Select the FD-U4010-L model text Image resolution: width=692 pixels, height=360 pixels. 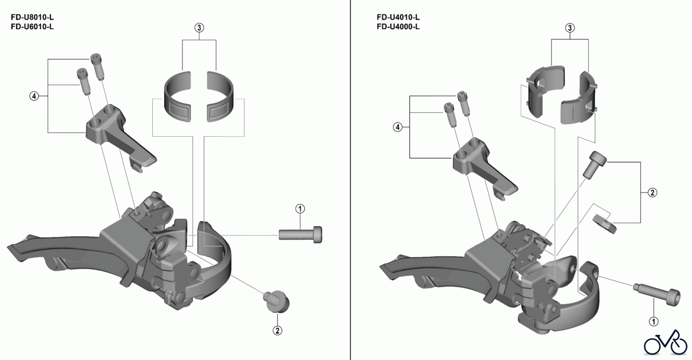coord(398,17)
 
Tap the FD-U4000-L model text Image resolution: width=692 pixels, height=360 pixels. coord(398,27)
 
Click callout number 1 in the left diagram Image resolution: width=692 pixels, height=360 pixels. coord(300,209)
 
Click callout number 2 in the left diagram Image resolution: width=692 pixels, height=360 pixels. coord(278,330)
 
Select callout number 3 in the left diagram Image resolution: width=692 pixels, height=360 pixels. coord(199,28)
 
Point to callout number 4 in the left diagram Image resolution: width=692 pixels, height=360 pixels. coord(34,96)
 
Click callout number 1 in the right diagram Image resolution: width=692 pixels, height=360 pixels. coord(653,321)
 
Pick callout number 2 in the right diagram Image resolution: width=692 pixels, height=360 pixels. coord(652,192)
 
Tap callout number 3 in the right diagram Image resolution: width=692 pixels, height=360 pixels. coord(570,28)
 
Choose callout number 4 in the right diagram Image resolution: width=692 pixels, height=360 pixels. coord(398,127)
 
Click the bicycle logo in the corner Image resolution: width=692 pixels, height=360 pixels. coord(665,342)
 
